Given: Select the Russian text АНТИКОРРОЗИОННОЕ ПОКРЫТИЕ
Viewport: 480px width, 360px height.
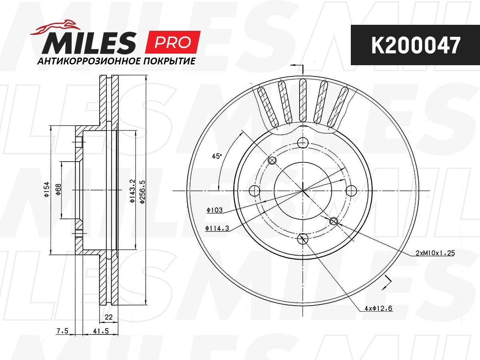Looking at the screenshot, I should (x=116, y=62).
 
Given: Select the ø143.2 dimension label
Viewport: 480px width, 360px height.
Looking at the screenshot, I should (x=132, y=190).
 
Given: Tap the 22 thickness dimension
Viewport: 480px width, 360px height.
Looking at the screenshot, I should (x=108, y=318).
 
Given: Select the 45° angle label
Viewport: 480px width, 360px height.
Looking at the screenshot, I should (x=216, y=156).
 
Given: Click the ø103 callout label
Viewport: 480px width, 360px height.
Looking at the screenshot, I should (x=215, y=209).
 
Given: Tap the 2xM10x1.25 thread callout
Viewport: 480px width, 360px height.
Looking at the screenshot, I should (x=435, y=253).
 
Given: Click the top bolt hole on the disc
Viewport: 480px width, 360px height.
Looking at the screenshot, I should (x=303, y=142).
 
